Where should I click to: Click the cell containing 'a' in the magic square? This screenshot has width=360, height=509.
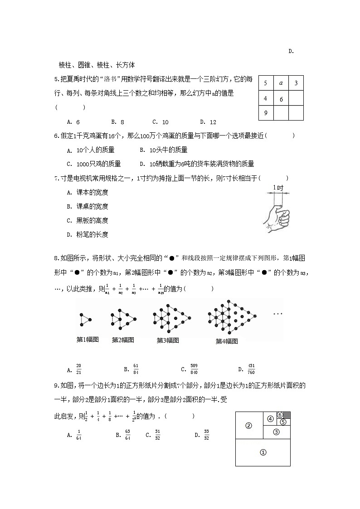[281, 83]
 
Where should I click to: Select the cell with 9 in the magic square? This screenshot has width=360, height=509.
[266, 113]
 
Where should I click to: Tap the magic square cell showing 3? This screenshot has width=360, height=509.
[296, 83]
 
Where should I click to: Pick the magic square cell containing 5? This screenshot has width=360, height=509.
[266, 83]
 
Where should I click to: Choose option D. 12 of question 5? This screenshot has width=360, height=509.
[208, 122]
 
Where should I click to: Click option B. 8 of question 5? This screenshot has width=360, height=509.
[117, 122]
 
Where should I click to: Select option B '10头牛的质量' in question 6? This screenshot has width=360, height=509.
[163, 150]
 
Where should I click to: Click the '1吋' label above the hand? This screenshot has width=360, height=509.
[278, 188]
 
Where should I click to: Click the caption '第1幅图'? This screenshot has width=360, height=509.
[88, 340]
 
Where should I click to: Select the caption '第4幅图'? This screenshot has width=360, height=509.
[227, 341]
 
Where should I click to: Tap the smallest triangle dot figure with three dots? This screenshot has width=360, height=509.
[85, 320]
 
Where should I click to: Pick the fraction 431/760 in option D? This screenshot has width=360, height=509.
[252, 368]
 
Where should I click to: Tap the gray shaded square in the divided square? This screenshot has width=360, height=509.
[287, 415]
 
